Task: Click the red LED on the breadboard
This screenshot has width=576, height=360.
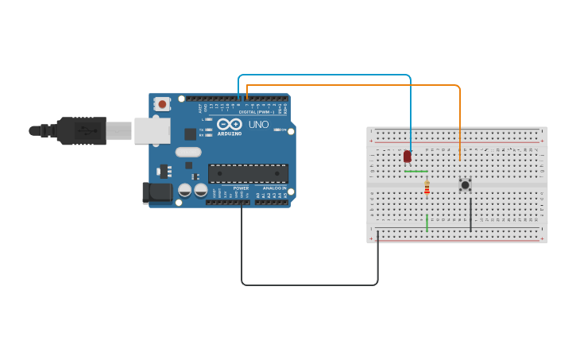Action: click(x=408, y=157)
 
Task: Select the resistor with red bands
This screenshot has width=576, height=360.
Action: click(x=427, y=188)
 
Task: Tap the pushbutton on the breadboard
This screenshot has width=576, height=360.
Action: click(x=465, y=184)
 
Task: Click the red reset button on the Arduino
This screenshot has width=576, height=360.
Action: click(x=162, y=103)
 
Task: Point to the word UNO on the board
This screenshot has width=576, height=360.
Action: click(x=259, y=125)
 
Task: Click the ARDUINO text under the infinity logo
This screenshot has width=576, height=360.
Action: click(x=230, y=134)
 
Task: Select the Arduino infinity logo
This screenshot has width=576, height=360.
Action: click(x=230, y=124)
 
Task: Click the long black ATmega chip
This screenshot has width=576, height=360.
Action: click(x=248, y=173)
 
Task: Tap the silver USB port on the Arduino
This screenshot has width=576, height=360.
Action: click(x=152, y=130)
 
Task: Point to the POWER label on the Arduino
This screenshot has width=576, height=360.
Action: click(x=241, y=188)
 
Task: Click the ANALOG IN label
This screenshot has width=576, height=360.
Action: click(x=274, y=188)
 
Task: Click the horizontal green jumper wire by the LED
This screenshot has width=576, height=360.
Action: click(x=416, y=171)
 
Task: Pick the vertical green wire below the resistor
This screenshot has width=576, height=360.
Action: click(x=427, y=223)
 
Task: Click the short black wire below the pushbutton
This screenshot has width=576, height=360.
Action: click(x=470, y=213)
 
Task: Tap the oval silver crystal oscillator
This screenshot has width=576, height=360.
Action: click(x=188, y=152)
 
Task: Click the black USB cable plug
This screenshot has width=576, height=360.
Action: click(x=79, y=130)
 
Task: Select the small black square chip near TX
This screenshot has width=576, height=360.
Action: click(x=191, y=134)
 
